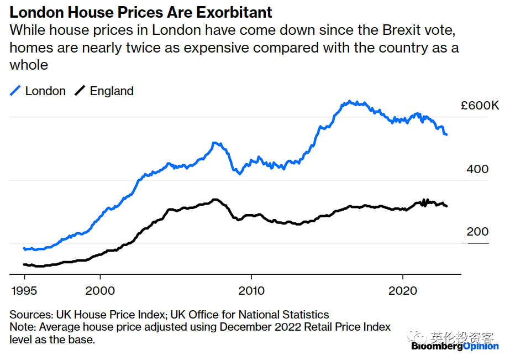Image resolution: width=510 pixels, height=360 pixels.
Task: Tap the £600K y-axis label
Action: [x=480, y=106]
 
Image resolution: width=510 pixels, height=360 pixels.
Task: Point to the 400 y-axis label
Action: [x=477, y=169]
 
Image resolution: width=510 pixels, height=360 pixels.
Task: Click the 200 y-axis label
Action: [x=477, y=232]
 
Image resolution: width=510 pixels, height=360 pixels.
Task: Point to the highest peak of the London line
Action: [x=349, y=102]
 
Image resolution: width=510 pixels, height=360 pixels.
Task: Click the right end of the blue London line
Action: [x=446, y=134]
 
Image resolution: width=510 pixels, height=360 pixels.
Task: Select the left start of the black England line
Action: [x=24, y=264]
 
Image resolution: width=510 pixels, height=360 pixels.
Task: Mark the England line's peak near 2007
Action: [x=215, y=200]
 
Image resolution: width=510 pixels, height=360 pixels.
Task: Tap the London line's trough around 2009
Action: [x=239, y=174]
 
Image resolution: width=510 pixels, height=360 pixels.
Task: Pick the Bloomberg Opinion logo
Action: [x=455, y=346]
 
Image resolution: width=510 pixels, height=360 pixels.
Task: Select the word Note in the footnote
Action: [x=22, y=327]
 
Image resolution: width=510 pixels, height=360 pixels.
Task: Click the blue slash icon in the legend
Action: [x=15, y=91]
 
